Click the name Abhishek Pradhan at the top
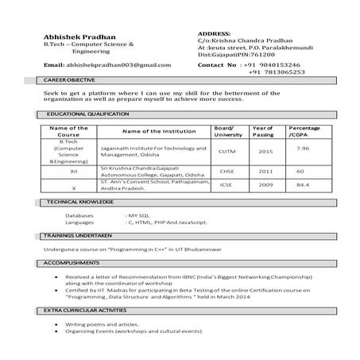79,37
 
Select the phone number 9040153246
274,64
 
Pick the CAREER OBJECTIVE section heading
69,81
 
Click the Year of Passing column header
262,131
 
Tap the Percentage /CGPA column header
304,131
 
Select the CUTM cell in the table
226,151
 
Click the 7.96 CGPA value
303,148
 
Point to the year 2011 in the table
265,171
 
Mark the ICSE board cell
226,185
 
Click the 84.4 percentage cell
302,185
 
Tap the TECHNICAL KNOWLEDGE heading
79,203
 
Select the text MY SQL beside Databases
138,215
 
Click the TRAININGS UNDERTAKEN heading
77,236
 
